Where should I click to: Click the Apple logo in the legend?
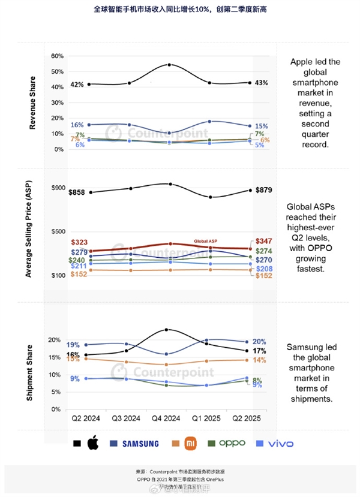click(x=92, y=444)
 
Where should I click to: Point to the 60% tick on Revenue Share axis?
click(x=57, y=56)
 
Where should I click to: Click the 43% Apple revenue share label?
click(x=261, y=83)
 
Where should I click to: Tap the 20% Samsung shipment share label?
click(x=260, y=341)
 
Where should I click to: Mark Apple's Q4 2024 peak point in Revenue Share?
click(x=170, y=65)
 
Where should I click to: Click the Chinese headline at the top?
click(x=180, y=10)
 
